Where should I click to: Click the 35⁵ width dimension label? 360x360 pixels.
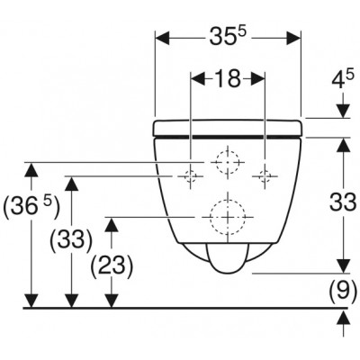pos(228,37)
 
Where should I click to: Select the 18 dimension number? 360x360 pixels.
pos(228,78)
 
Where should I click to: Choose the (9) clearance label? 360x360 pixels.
pos(343,289)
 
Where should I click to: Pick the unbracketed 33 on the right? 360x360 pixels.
pos(343,202)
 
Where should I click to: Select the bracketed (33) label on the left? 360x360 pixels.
pos(71,239)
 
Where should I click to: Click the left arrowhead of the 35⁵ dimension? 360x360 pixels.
pos(162,38)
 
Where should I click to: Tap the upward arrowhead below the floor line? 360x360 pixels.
pos(343,318)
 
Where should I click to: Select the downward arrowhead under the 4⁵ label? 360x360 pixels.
pos(343,111)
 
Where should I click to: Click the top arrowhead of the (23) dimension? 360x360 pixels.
pos(112,225)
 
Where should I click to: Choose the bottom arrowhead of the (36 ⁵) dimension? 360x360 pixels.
pos(31,301)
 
